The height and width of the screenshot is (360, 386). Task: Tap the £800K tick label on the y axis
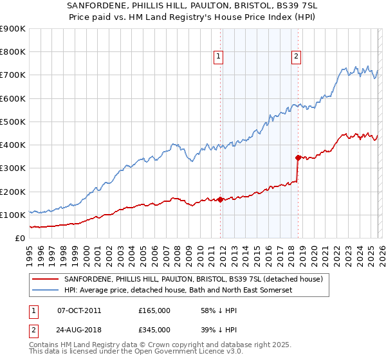tap(13, 52)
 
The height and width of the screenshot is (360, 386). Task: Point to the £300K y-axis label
tap(13, 168)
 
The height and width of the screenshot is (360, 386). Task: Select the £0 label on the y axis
tap(21, 238)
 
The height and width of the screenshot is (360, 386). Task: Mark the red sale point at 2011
tap(220, 199)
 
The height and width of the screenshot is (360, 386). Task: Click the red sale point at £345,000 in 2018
tap(298, 157)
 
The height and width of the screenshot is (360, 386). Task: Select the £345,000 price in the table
tap(154, 329)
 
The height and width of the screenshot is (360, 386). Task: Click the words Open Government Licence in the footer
tap(158, 353)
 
